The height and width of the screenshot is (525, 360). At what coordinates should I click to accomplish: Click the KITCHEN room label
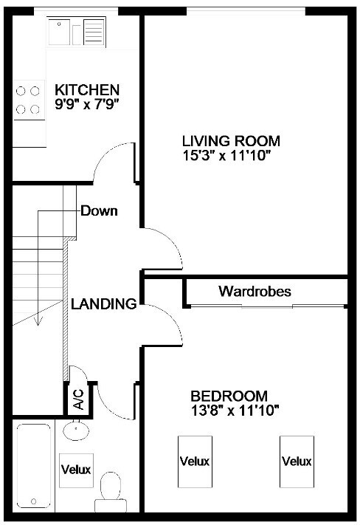87,90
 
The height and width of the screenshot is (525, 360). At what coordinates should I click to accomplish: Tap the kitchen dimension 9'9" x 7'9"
87,104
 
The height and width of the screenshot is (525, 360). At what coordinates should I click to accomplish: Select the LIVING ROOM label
231,141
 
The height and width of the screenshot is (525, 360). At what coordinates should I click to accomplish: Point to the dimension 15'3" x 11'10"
226,155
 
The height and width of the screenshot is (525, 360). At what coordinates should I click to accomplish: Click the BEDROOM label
229,396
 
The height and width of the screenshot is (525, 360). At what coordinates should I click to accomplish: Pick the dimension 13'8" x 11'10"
235,410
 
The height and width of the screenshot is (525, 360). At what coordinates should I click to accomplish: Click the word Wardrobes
255,291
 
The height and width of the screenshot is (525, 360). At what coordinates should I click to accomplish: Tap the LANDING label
104,303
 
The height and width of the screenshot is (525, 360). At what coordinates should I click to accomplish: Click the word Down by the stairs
100,211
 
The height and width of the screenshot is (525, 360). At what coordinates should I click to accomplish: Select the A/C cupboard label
79,399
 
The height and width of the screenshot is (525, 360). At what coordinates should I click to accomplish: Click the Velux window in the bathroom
76,470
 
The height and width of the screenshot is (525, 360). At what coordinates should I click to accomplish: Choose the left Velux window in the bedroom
195,461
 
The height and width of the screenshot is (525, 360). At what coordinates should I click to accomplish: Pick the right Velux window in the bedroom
297,461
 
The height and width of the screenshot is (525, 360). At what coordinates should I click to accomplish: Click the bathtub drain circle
33,501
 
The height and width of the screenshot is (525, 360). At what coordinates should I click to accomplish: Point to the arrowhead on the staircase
38,322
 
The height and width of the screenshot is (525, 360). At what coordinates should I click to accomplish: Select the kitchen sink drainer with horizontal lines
94,32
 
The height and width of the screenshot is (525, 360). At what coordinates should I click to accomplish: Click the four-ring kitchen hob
28,100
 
